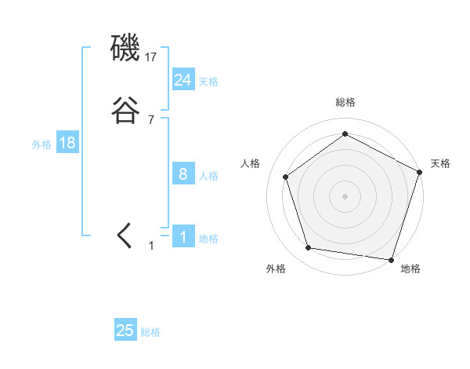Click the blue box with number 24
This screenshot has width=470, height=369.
(x=183, y=79)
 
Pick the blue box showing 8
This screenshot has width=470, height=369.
(x=183, y=174)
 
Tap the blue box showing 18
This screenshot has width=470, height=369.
(x=67, y=143)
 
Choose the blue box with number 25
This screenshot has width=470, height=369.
(x=125, y=331)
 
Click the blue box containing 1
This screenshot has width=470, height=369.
(x=183, y=237)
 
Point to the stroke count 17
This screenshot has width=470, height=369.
(x=152, y=57)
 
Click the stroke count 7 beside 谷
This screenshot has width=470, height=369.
(x=151, y=120)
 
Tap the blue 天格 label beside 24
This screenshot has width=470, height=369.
(x=208, y=82)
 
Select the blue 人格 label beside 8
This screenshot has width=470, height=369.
(x=208, y=176)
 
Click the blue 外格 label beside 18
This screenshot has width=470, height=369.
(x=42, y=144)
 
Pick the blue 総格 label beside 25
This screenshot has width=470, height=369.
(x=150, y=333)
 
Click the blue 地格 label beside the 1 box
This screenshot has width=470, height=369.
(x=208, y=239)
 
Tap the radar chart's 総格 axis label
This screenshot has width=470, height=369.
(x=345, y=102)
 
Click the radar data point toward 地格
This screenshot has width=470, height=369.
(x=391, y=259)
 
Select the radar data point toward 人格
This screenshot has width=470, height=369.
(x=286, y=177)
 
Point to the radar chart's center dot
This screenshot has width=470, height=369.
(x=345, y=195)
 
